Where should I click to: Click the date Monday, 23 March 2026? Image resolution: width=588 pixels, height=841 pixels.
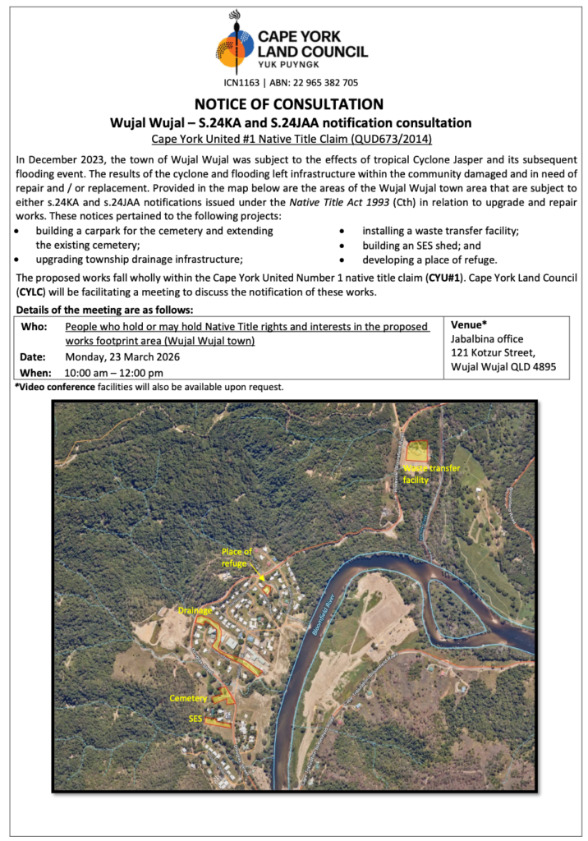[x=122, y=357]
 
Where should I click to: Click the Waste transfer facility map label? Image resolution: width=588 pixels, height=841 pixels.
[x=430, y=474]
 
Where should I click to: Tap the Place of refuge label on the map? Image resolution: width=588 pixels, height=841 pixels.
[x=237, y=557]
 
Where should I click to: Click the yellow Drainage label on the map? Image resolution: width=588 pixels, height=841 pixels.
[x=195, y=611]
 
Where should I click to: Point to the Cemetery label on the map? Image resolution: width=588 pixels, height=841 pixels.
[x=188, y=698]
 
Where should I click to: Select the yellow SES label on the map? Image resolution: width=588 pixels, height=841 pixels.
[x=195, y=718]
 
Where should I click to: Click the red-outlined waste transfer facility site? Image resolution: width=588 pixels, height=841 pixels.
[x=418, y=452]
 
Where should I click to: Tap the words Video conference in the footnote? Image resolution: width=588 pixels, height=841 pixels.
[x=57, y=387]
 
